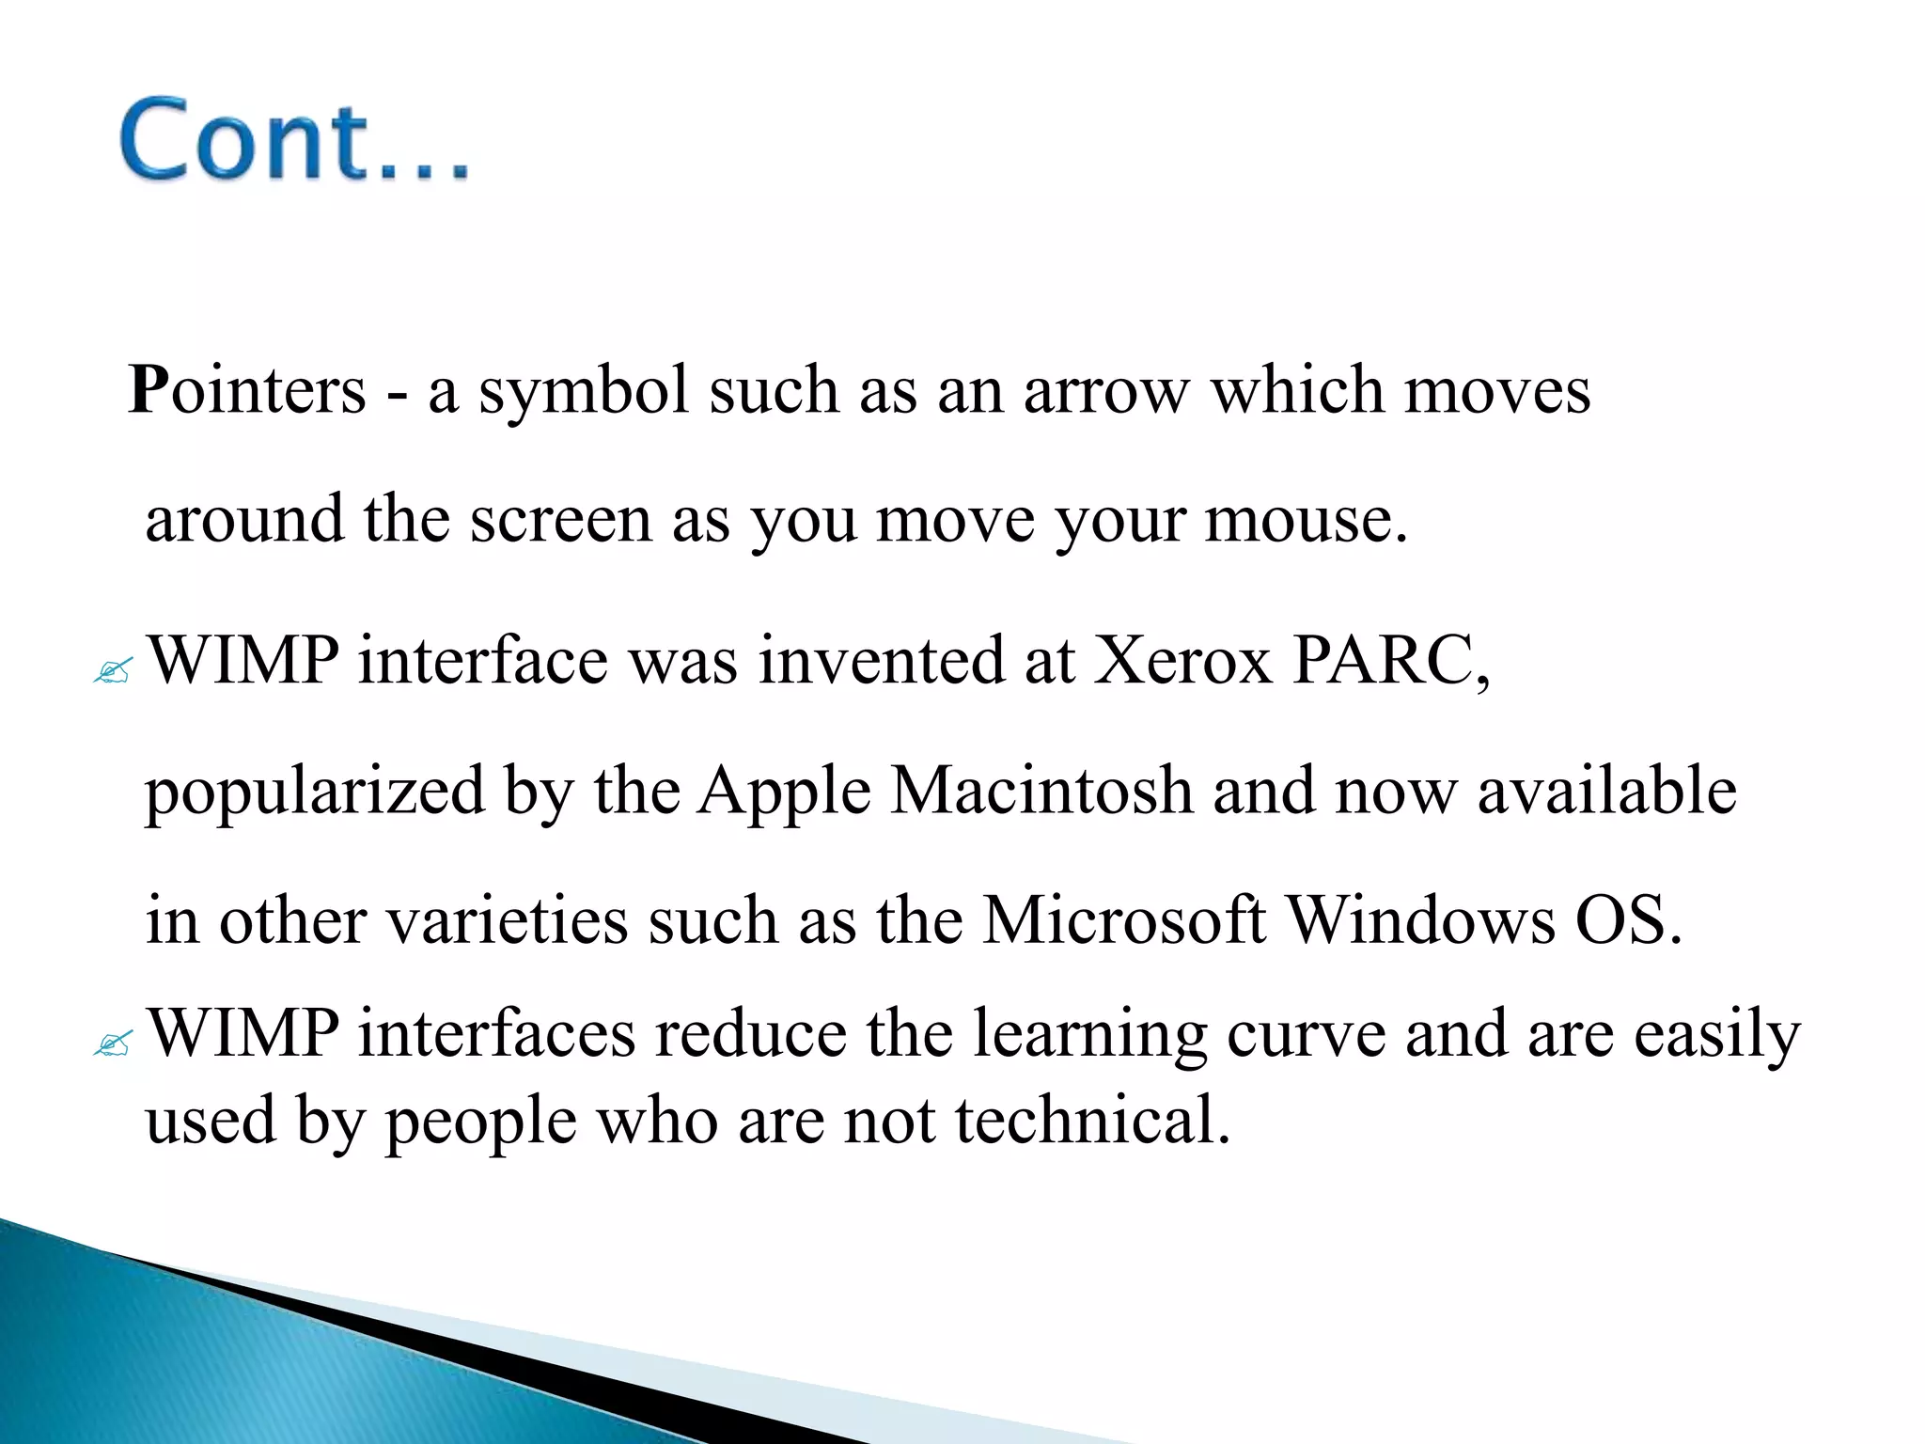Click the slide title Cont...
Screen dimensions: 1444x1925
click(293, 139)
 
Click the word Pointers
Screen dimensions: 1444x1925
click(246, 389)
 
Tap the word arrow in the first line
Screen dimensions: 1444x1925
click(1105, 391)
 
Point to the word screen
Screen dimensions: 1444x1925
click(560, 520)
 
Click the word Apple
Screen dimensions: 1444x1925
click(784, 791)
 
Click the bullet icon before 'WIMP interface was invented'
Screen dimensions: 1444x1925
click(113, 671)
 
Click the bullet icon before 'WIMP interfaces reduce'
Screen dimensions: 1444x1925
click(113, 1044)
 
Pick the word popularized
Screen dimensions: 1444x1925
click(314, 793)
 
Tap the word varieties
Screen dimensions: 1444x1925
click(508, 920)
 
